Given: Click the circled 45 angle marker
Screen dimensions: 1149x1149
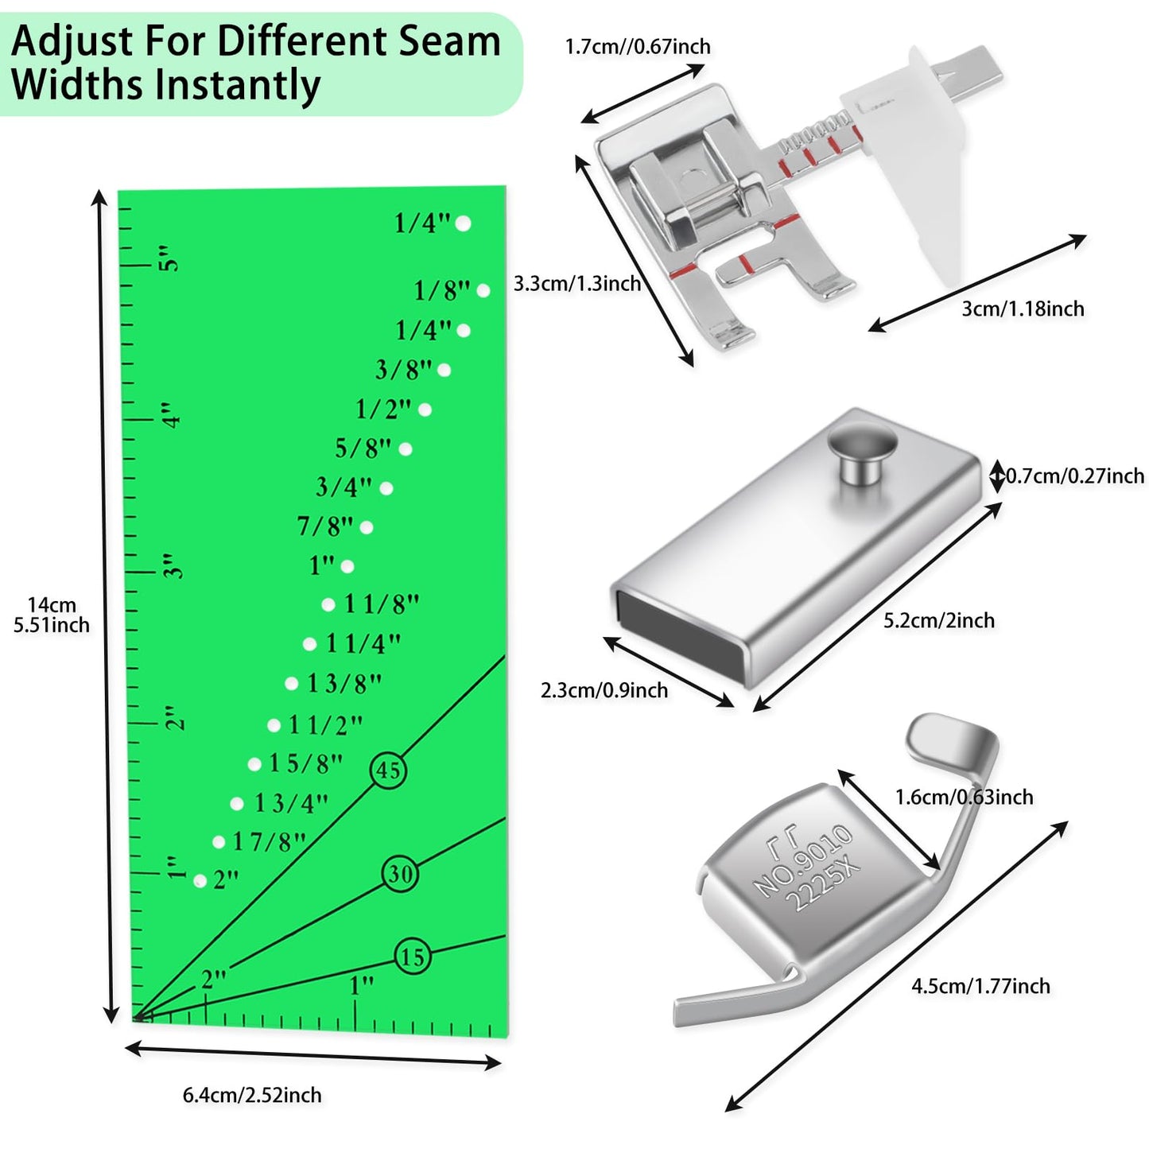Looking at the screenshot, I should point(388,770).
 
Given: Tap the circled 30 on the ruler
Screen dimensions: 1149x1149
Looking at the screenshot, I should point(400,874).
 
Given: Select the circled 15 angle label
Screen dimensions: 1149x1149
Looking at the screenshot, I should point(413,956).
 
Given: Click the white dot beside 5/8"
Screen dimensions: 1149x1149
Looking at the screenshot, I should point(406,449).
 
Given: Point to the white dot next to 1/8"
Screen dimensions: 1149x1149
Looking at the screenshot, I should point(483,291).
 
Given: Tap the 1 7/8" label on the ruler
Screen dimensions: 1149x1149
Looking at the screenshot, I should point(269,841).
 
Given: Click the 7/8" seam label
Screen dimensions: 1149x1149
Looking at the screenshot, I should point(324,526).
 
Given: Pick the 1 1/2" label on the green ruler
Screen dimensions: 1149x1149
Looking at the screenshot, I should point(325,724).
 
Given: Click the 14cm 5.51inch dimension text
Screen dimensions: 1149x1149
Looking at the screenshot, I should point(52,615).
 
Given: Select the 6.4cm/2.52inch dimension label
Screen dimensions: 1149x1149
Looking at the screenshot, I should point(252,1095).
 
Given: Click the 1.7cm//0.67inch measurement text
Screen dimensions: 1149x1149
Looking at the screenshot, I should point(638,46).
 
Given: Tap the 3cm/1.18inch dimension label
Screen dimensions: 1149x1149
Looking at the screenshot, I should point(1023,309).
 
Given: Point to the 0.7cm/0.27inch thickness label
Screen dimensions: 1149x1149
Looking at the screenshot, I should point(1075,476).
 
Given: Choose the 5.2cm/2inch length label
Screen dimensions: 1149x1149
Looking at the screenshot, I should point(939,620).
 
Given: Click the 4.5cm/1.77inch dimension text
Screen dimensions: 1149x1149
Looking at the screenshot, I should point(980,986).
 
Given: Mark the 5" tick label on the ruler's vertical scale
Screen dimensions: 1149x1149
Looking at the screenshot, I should point(169,258).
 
